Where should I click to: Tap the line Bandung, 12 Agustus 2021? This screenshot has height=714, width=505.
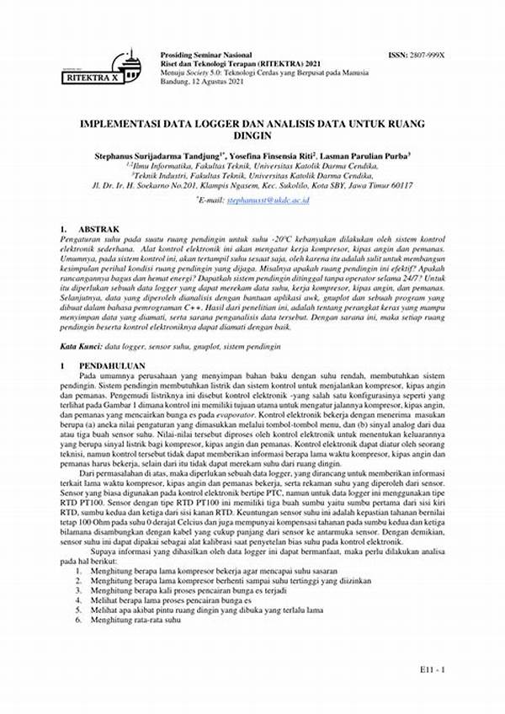click(203, 83)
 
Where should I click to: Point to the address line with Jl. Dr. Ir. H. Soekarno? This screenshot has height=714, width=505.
click(252, 185)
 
